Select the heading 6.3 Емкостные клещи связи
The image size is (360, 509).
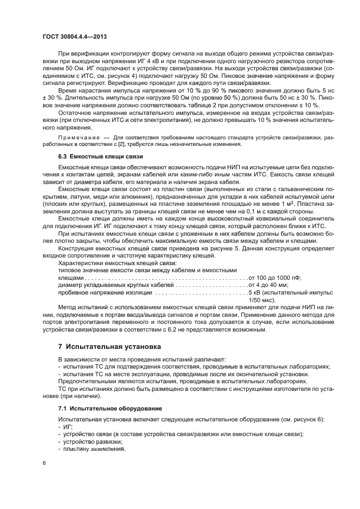coord(93,156)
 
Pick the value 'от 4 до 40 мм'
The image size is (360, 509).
coord(269,285)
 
